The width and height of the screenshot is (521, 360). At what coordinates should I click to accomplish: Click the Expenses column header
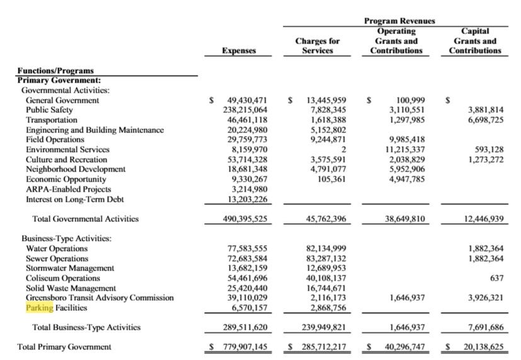click(x=239, y=50)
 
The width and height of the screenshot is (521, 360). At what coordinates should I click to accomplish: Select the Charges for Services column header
click(x=318, y=45)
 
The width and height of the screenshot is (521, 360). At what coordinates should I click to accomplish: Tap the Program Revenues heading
click(x=399, y=21)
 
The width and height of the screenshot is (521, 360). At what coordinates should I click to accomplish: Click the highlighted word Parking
click(x=40, y=308)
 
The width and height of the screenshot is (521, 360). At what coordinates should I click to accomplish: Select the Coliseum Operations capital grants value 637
click(x=496, y=278)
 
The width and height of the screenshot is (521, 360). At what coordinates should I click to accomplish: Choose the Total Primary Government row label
click(x=64, y=347)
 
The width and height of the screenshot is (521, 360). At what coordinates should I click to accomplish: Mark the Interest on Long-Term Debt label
click(x=74, y=199)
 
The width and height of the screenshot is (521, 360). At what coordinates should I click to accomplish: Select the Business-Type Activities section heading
click(x=66, y=238)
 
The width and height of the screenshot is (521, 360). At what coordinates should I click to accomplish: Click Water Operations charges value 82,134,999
click(x=326, y=248)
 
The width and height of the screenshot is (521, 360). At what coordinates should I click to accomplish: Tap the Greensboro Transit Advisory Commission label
click(x=100, y=298)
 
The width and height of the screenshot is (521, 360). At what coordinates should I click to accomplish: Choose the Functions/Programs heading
click(x=55, y=71)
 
